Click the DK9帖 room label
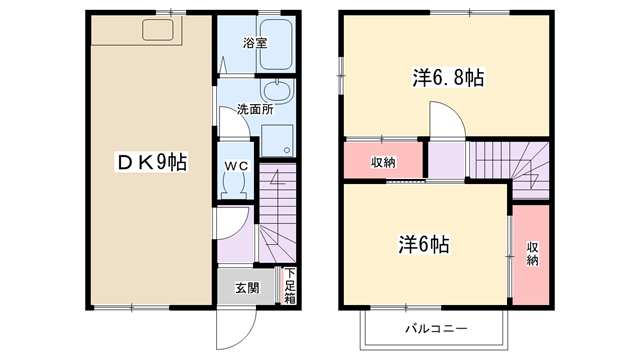point(152,162)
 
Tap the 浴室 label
point(255,43)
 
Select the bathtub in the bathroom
point(276,44)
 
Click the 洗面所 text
point(255,109)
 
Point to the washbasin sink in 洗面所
point(277,91)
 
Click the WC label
point(236,166)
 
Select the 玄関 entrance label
point(247,288)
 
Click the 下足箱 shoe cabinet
point(289,286)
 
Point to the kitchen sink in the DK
point(158,30)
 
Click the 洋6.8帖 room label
point(448,78)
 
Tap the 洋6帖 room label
point(424,245)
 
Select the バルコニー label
point(436,329)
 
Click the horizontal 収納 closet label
point(383,162)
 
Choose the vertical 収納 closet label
point(532,253)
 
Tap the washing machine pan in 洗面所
point(277,140)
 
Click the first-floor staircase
point(278,213)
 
